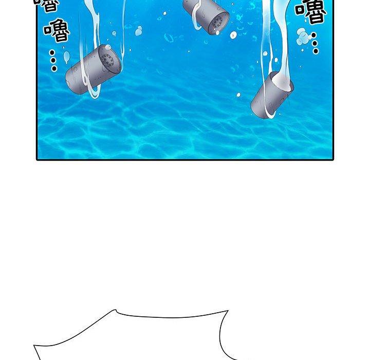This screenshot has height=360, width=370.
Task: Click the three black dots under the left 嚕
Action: pyautogui.click(x=53, y=60)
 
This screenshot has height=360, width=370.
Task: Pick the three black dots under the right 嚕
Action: pyautogui.click(x=315, y=43)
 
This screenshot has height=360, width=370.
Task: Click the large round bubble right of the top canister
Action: pyautogui.click(x=233, y=35)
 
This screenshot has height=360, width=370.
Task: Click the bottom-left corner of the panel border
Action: pyautogui.click(x=37, y=159)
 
